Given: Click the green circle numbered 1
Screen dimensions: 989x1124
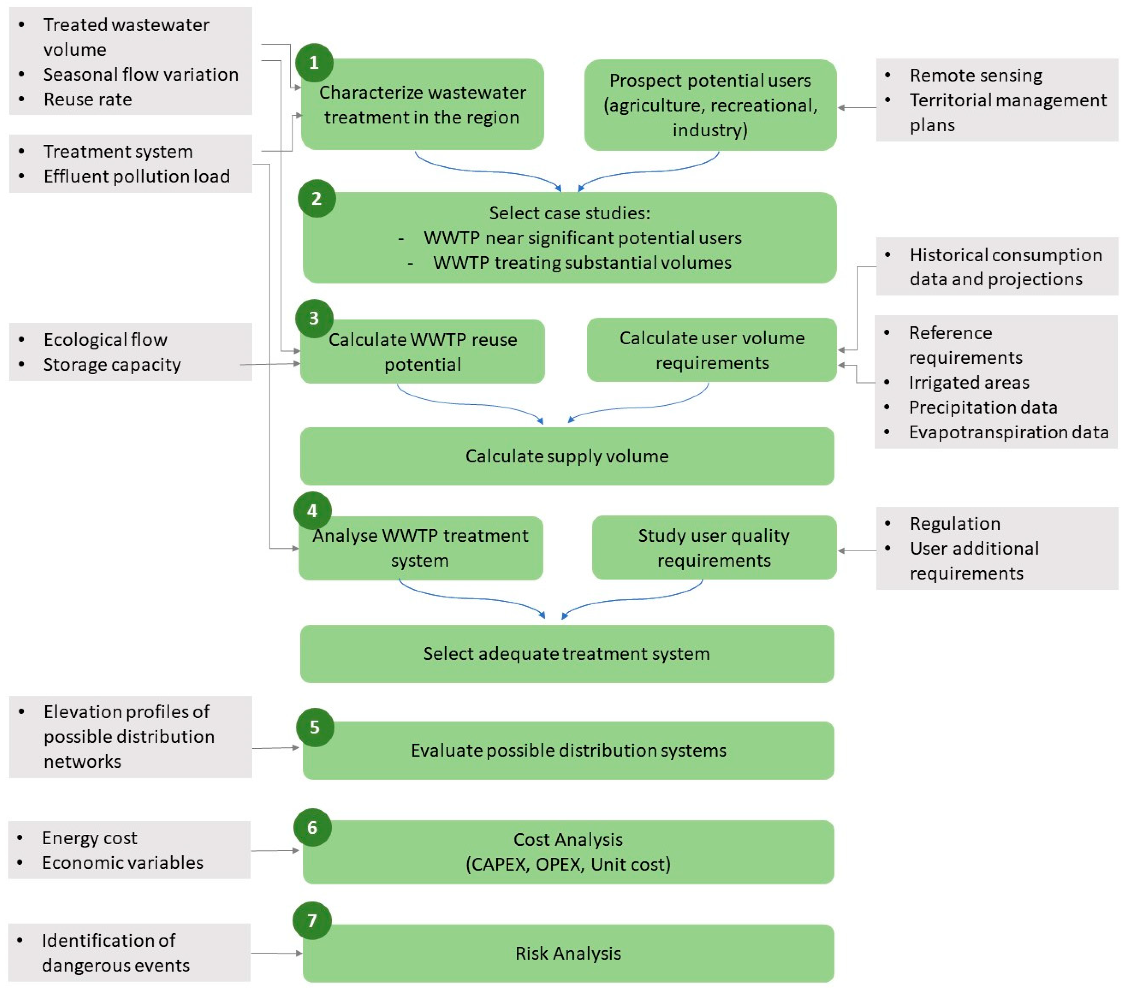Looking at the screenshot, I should pos(314,63).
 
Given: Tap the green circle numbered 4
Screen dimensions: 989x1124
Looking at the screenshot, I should pos(312,511).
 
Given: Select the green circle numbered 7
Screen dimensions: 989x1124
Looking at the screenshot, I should pos(312,921).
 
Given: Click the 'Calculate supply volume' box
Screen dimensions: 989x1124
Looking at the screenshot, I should pos(567,456).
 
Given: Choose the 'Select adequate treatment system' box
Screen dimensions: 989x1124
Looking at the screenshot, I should pos(567,654).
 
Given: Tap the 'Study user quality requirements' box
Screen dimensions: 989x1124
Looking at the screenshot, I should pos(714,548).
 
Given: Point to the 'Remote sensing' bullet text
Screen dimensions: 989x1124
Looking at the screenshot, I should pos(976,75).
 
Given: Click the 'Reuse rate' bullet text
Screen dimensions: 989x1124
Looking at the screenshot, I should pos(88,100).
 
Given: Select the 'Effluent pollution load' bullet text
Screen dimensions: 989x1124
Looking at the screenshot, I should pos(136,176).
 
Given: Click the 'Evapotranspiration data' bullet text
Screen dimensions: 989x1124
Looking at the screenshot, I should pos(1008,432).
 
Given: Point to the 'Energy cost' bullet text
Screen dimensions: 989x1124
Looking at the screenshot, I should pos(89,838).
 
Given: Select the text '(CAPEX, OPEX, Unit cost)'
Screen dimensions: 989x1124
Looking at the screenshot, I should pos(568,864).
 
